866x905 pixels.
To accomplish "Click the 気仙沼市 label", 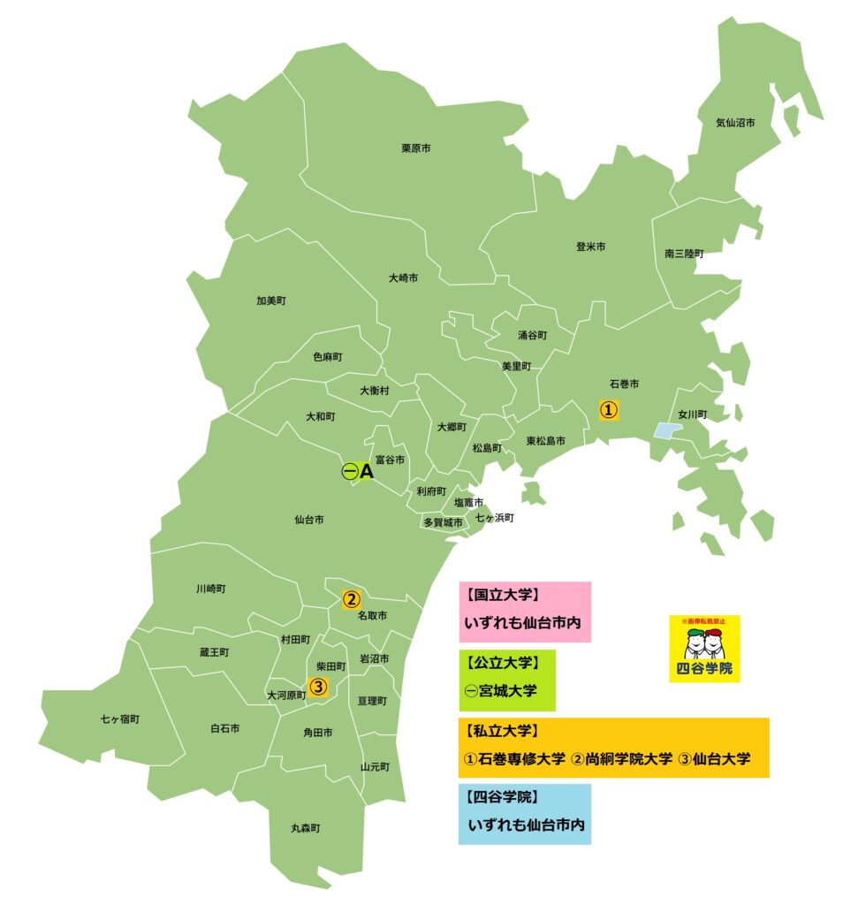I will point(735,123).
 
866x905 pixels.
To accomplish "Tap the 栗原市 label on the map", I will point(416,148).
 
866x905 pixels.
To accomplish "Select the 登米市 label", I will point(590,247).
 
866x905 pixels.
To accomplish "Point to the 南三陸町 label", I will point(685,254).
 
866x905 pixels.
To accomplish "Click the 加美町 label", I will point(271,300).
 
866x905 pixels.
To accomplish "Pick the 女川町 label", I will point(693,414).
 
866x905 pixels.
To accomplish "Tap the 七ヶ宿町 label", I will point(120,719).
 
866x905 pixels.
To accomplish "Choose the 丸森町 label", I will point(306,828).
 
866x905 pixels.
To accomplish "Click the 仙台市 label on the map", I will point(308,520).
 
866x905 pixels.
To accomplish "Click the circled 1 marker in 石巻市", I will point(609,410).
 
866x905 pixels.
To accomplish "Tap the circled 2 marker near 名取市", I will point(351,599).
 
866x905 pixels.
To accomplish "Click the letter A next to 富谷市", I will point(367,473).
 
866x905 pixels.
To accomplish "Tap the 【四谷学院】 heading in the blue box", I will point(503,797).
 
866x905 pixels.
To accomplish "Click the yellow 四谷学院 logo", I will point(704,650).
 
